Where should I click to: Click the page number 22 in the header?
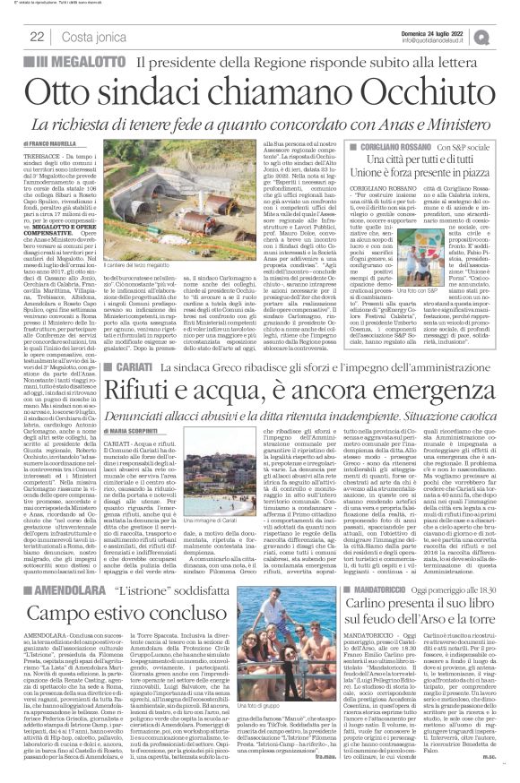coord(37,36)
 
